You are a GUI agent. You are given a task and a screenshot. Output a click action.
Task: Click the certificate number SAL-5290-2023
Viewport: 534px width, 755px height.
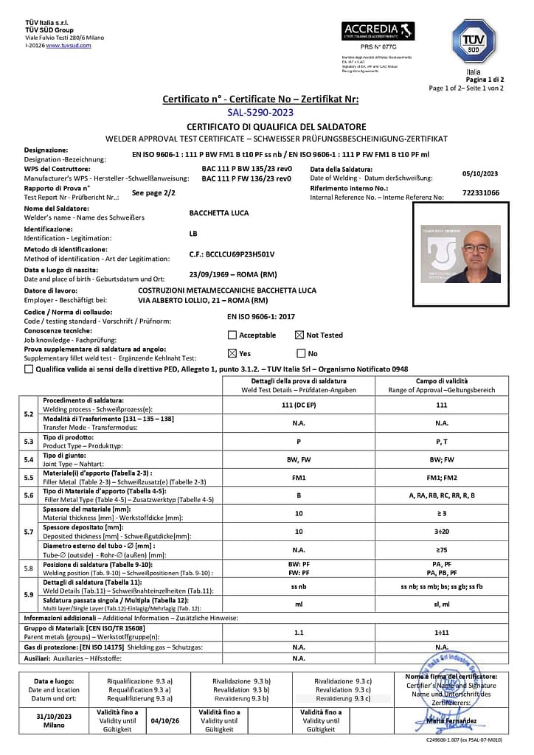pyautogui.click(x=260, y=112)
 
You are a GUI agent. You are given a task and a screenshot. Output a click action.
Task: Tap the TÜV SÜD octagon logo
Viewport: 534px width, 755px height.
pyautogui.click(x=473, y=41)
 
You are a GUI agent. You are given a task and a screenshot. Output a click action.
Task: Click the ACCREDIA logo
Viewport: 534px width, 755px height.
pyautogui.click(x=378, y=32)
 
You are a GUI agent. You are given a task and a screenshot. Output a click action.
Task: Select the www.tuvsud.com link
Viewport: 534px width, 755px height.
pyautogui.click(x=69, y=45)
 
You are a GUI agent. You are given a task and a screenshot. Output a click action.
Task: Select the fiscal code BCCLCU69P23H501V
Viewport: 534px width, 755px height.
pyautogui.click(x=232, y=254)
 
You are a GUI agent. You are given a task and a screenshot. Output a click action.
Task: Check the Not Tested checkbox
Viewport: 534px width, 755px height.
pyautogui.click(x=299, y=335)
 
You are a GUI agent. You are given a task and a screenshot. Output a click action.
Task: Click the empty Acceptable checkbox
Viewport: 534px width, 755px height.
pyautogui.click(x=232, y=335)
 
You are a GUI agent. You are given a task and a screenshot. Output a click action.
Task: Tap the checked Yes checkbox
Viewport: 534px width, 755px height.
pyautogui.click(x=232, y=353)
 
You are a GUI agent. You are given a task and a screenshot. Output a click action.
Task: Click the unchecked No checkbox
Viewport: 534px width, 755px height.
pyautogui.click(x=300, y=353)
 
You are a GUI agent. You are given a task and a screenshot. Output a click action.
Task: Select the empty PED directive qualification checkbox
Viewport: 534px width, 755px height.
pyautogui.click(x=29, y=369)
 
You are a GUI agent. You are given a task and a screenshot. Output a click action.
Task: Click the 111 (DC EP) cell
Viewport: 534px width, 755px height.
pyautogui.click(x=299, y=406)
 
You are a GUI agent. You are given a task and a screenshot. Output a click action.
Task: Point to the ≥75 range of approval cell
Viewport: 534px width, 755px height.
pyautogui.click(x=442, y=549)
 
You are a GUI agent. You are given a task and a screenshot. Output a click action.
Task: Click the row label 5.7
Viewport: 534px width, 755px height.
pyautogui.click(x=28, y=532)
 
